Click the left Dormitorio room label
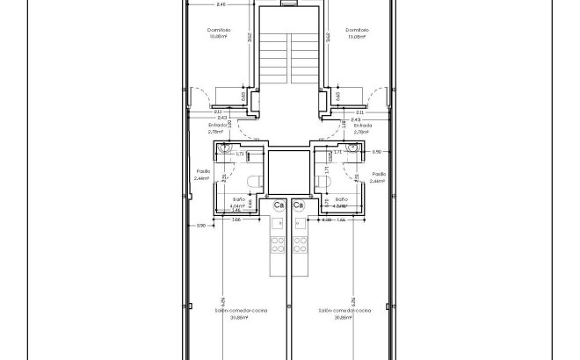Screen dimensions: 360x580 220,29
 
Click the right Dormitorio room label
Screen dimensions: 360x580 357,29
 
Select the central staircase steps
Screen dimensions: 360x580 288,57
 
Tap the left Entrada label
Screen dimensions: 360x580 216,126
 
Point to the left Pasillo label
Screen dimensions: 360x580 201,173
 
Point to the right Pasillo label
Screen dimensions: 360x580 379,174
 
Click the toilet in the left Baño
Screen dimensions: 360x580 254,182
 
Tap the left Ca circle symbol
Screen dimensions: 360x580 279,205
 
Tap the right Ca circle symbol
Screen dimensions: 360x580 299,205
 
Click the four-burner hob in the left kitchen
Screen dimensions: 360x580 276,241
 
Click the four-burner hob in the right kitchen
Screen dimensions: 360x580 301,241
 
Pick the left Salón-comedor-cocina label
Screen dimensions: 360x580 241,310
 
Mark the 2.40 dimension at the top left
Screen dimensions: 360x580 221,4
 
